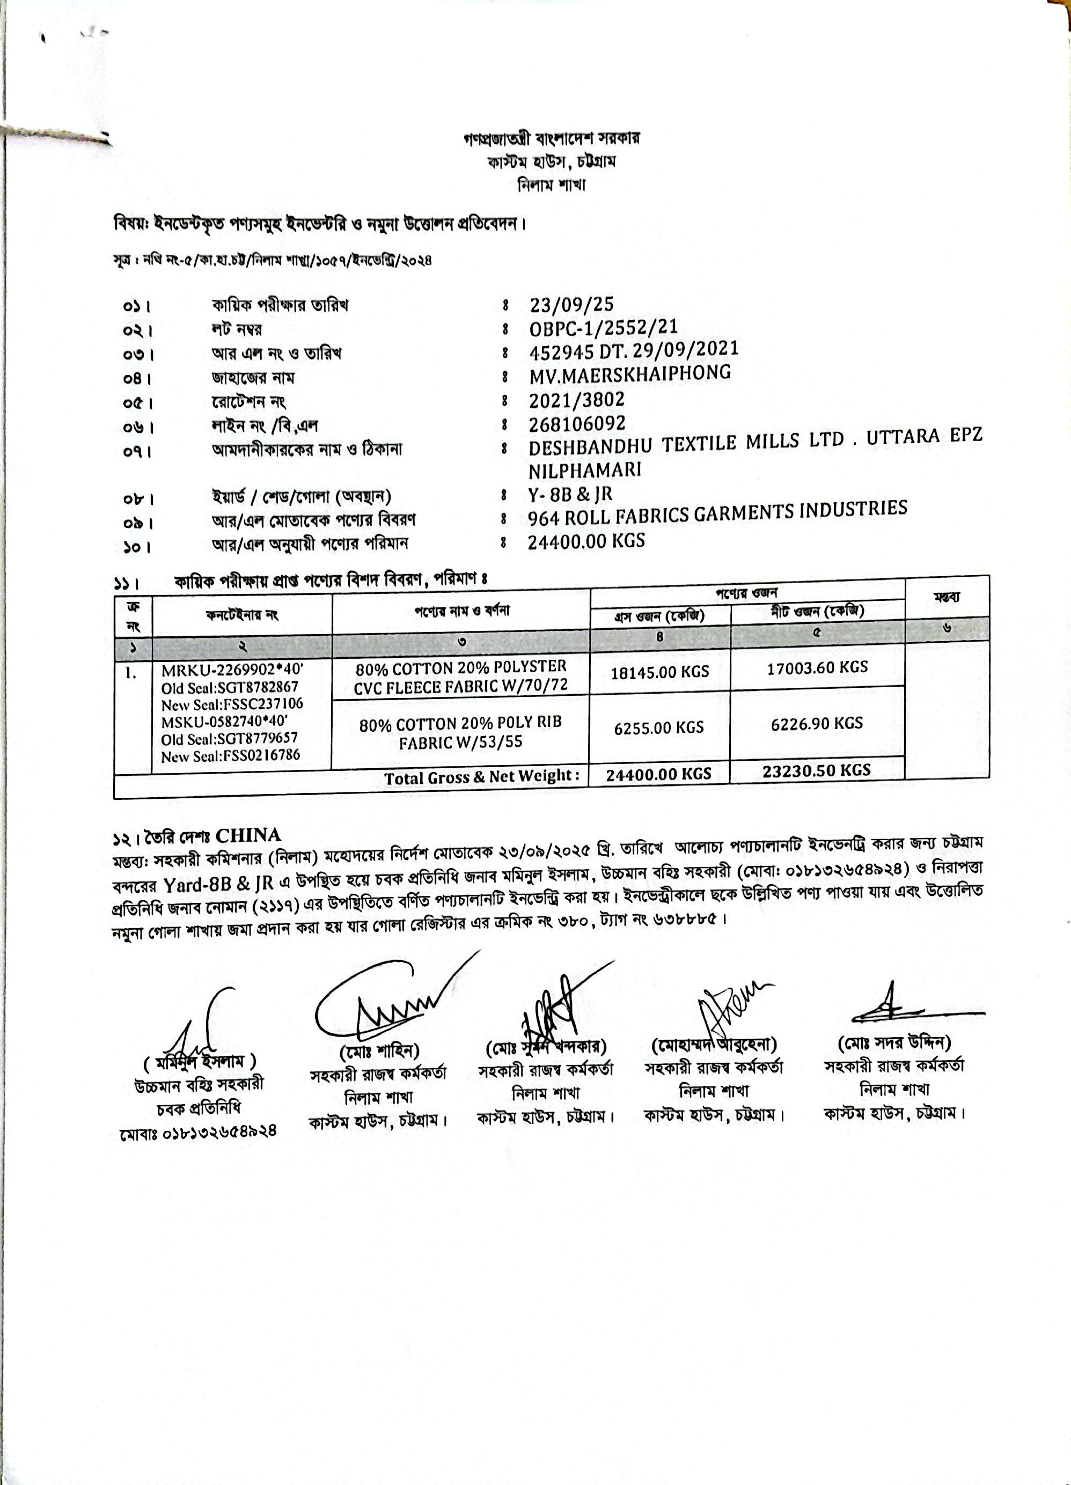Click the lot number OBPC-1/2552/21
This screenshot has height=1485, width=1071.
(603, 328)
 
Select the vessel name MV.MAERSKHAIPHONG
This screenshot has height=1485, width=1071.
(629, 374)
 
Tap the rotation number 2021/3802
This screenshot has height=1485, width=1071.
(576, 399)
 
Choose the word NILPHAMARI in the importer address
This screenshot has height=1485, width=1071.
(584, 470)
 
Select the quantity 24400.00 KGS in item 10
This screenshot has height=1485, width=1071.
(586, 541)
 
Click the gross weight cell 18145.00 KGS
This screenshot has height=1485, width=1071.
(659, 672)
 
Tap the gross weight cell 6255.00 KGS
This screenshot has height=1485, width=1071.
(658, 727)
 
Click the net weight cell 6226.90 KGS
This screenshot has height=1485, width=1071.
(816, 724)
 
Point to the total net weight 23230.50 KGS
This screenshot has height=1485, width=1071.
(816, 770)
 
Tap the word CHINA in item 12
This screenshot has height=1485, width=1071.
(248, 835)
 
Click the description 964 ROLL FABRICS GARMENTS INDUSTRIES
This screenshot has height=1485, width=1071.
(717, 513)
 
